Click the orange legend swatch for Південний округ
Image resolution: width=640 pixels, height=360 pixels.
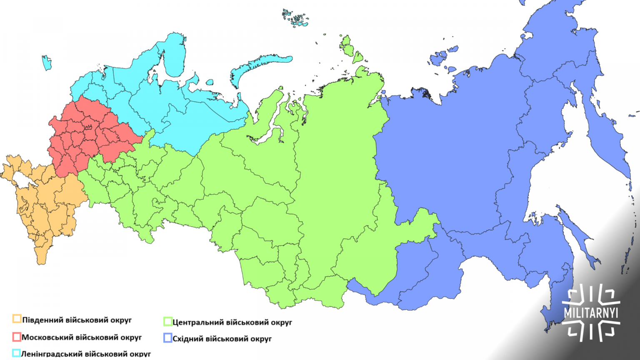pyautogui.click(x=17, y=319)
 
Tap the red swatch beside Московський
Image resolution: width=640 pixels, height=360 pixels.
pyautogui.click(x=17, y=337)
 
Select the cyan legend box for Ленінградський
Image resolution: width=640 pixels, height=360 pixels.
pyautogui.click(x=17, y=353)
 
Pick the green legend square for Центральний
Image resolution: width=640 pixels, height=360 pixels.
pyautogui.click(x=167, y=322)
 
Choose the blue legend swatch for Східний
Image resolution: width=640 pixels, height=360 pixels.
pyautogui.click(x=167, y=338)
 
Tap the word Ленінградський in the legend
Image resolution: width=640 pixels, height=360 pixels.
pyautogui.click(x=52, y=354)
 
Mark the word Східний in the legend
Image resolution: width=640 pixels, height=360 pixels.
pyautogui.click(x=188, y=338)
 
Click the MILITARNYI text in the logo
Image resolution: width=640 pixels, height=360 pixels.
pyautogui.click(x=590, y=313)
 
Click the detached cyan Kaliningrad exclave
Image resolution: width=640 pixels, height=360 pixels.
pyautogui.click(x=47, y=62)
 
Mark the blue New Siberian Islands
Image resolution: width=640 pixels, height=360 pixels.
pyautogui.click(x=440, y=58)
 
